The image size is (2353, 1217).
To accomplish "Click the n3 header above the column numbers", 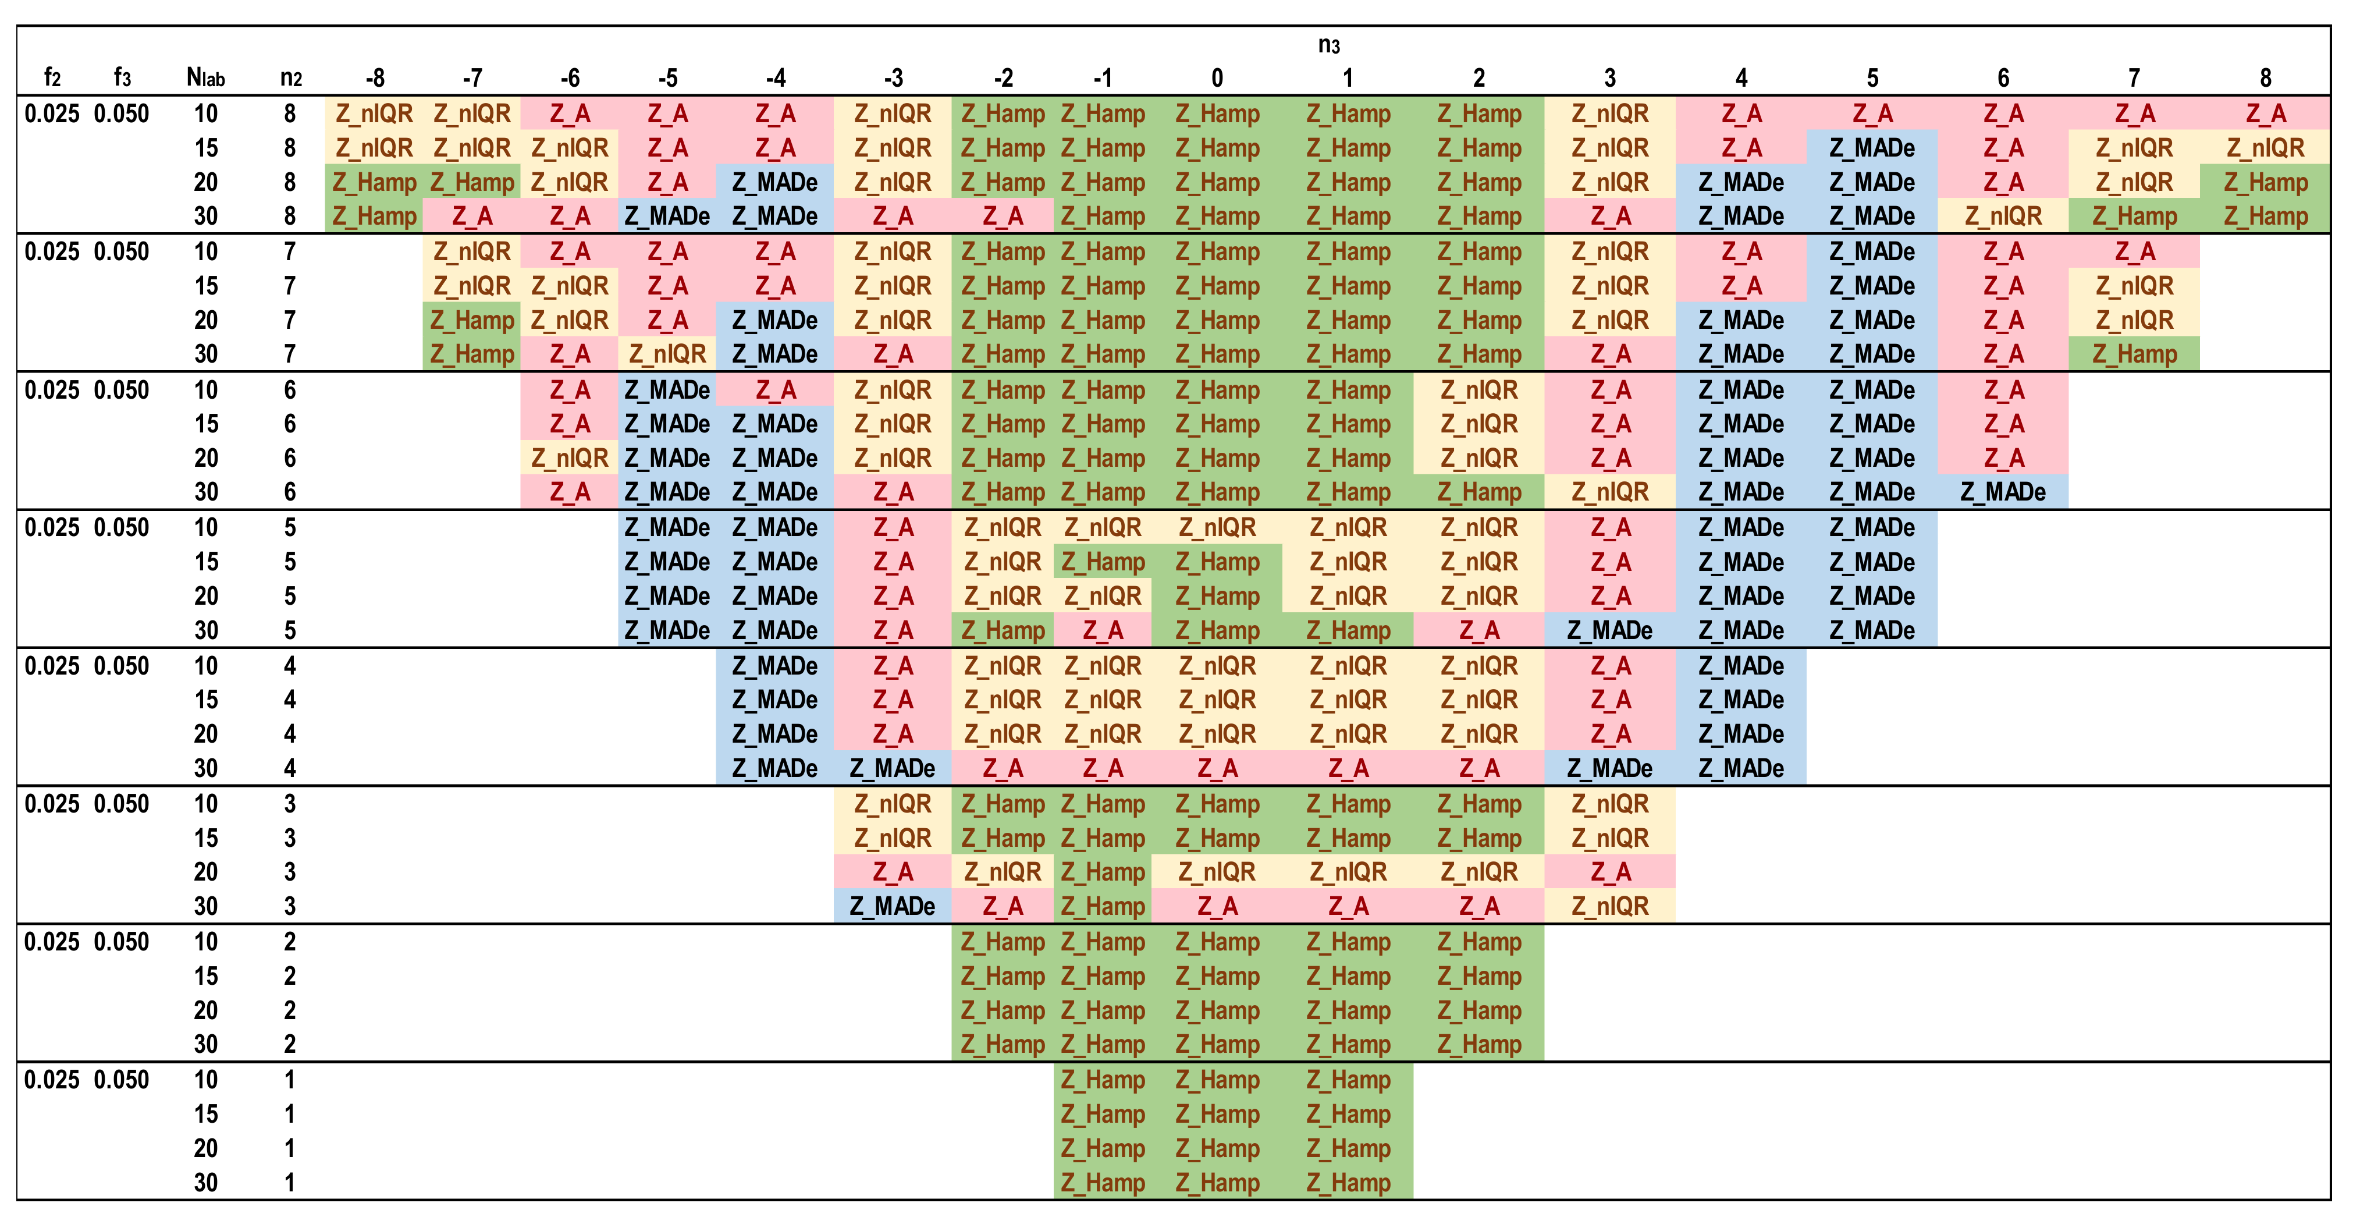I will [1328, 45].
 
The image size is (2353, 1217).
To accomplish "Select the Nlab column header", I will [205, 77].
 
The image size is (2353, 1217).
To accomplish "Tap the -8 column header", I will [375, 77].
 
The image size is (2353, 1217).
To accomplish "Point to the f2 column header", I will [52, 77].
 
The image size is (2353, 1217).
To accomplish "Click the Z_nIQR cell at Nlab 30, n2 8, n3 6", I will [2003, 217].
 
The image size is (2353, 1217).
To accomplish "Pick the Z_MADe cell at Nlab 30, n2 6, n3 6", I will [2003, 492].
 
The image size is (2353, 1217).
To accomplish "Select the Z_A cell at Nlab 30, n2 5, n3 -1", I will [1103, 630].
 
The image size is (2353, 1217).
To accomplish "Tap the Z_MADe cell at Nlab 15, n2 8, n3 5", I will [1872, 148].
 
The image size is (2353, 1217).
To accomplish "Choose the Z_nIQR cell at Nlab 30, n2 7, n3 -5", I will [668, 354].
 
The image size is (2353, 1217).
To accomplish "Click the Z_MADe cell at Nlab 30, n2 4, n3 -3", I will [893, 768].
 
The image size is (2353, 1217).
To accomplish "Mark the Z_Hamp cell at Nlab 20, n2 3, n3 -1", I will [1103, 872].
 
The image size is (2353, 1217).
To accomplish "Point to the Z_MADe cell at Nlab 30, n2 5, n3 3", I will [1609, 630].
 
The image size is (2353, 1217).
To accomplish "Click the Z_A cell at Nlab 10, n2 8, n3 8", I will [2265, 114].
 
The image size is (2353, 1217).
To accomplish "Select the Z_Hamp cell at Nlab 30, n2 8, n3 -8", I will [375, 217].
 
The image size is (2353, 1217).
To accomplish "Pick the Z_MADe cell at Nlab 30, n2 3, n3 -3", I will [893, 906].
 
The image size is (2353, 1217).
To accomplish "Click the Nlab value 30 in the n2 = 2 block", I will [205, 1044].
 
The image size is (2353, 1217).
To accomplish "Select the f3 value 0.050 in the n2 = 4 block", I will [122, 666].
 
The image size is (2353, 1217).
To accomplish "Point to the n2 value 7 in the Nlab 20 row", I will [290, 321].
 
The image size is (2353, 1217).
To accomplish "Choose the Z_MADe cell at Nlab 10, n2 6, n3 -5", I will [668, 390].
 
